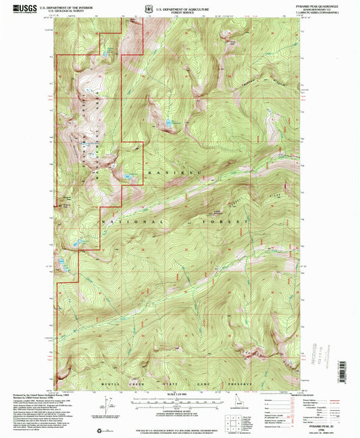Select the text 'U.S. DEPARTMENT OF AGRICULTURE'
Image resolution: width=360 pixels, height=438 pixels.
tap(180, 7)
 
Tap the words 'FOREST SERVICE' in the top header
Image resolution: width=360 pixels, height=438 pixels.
tap(180, 11)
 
